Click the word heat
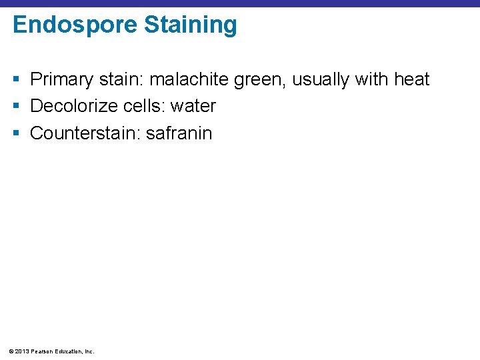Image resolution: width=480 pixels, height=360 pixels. [411, 80]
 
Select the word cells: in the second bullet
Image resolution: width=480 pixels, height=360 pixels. [144, 106]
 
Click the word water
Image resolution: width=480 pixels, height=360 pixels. [193, 107]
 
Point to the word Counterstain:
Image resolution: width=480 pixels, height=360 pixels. [85, 133]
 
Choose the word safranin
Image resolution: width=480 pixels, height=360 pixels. [179, 133]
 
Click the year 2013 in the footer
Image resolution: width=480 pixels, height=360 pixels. [21, 351]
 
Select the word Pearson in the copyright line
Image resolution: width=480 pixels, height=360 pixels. [41, 351]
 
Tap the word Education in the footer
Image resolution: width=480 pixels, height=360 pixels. [69, 351]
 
